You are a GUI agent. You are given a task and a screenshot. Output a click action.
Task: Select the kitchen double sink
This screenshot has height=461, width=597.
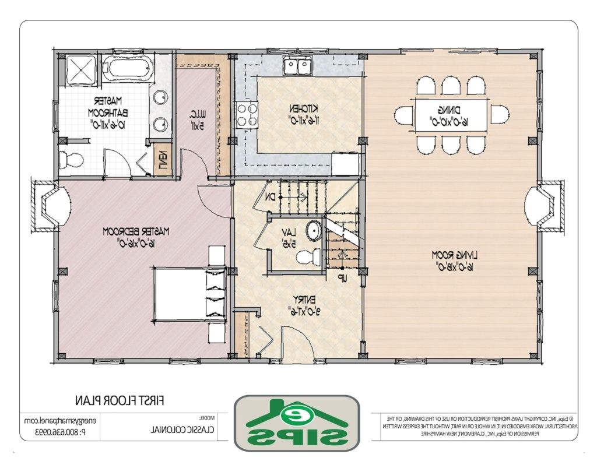tap(297, 66)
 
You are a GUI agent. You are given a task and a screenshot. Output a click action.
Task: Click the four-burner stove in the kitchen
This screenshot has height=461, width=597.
tap(247, 114)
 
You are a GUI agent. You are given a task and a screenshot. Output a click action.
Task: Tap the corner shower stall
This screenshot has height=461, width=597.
tap(79, 71)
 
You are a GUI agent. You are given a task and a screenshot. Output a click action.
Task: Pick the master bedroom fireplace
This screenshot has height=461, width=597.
tap(50, 206)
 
